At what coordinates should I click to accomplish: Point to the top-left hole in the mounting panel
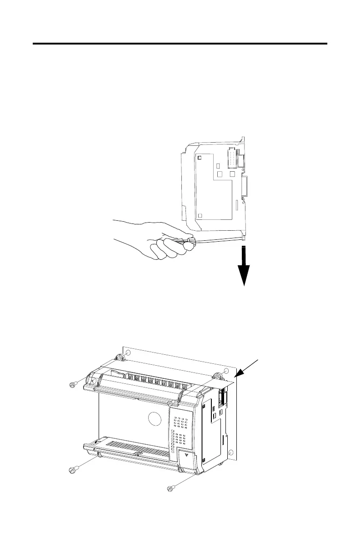tap(128, 353)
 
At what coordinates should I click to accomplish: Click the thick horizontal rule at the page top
tap(180, 44)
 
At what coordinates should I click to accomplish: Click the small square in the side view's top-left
tap(200, 158)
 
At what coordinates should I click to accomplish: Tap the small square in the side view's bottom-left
tap(200, 215)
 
